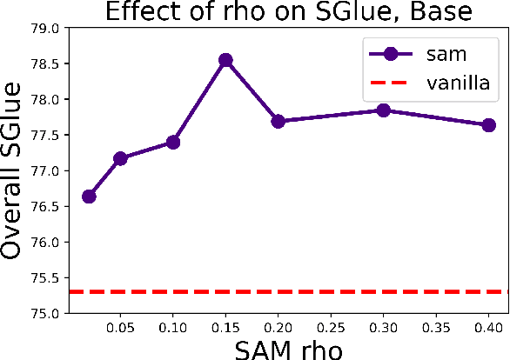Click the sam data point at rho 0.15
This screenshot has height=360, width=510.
pyautogui.click(x=225, y=60)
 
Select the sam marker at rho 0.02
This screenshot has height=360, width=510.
pyautogui.click(x=89, y=196)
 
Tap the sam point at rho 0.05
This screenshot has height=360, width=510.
pyautogui.click(x=120, y=158)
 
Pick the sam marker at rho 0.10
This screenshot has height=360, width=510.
pyautogui.click(x=172, y=142)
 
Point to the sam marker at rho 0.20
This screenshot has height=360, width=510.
pyautogui.click(x=278, y=121)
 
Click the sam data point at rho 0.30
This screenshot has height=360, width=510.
pyautogui.click(x=383, y=110)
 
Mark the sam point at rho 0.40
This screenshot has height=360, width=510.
pyautogui.click(x=488, y=125)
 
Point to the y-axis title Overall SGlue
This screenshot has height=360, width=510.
pyautogui.click(x=14, y=170)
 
